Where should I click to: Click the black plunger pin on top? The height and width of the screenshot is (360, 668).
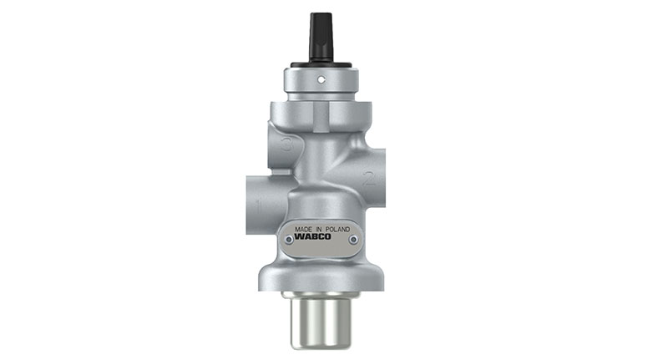pos(321,37)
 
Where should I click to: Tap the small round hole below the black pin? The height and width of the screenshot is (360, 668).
pos(321,79)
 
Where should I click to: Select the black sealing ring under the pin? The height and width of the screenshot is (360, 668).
pos(321,66)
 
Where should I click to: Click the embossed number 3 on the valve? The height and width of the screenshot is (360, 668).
pos(286,145)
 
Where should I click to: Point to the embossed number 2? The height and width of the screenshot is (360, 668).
pos(369,178)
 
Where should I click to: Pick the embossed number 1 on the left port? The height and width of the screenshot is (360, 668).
pos(258,206)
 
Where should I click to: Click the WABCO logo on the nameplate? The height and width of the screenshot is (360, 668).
pos(312,237)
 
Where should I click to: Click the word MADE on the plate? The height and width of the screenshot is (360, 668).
pos(303,229)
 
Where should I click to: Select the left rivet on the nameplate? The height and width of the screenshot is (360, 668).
pos(289,241)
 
